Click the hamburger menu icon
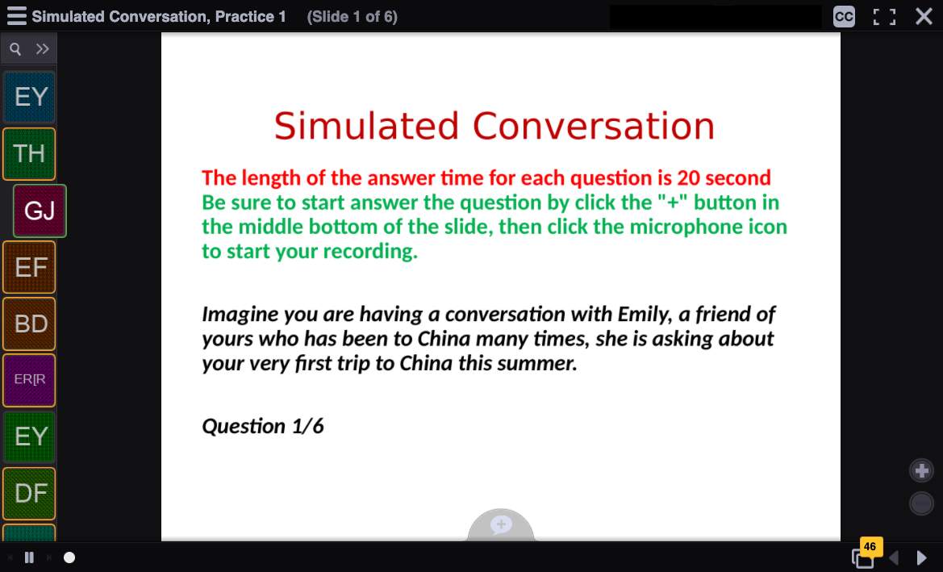coord(16,16)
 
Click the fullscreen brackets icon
coord(884,17)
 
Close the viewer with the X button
coord(924,16)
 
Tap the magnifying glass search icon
coord(15,48)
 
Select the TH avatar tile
coord(30,154)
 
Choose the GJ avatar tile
coord(40,211)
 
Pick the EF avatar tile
coord(30,267)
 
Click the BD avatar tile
coord(30,324)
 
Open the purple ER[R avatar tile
coord(30,380)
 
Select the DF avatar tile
coord(30,493)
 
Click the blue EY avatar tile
coord(30,98)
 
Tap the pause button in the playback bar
coord(29,557)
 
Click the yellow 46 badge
coord(870,546)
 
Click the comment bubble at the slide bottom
coord(501,524)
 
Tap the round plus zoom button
coord(921,470)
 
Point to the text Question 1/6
coord(263,426)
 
